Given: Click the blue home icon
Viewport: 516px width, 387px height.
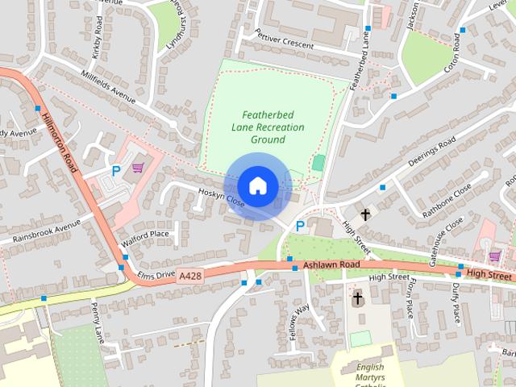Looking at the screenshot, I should [x=258, y=185].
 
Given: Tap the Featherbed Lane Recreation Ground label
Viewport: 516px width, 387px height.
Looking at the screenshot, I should [x=268, y=127].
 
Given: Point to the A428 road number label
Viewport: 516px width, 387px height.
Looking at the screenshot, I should [x=190, y=276].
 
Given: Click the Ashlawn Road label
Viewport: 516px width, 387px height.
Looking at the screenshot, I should [x=331, y=264].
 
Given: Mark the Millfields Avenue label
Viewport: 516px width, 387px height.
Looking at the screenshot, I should [x=108, y=86].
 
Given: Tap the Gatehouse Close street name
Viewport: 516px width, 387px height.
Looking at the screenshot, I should [x=446, y=239].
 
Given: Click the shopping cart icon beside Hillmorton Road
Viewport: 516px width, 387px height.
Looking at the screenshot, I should [x=138, y=168].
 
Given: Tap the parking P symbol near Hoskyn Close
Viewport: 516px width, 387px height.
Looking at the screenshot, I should [x=300, y=227].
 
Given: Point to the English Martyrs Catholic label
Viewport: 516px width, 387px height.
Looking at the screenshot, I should [x=370, y=373].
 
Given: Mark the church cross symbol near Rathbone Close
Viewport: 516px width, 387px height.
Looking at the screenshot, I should [x=365, y=214].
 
